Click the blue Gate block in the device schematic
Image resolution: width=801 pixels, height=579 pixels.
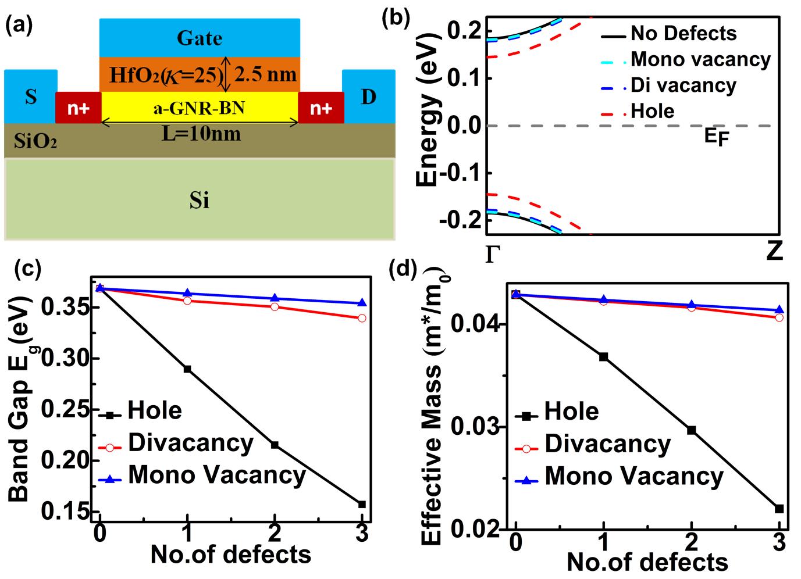pyautogui.click(x=200, y=38)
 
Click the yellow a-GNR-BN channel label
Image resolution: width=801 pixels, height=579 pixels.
pyautogui.click(x=199, y=108)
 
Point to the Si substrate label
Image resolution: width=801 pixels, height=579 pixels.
pyautogui.click(x=200, y=201)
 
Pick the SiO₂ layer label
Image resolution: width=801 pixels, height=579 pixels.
pyautogui.click(x=35, y=142)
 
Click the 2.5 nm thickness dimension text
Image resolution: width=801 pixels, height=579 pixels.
pyautogui.click(x=265, y=74)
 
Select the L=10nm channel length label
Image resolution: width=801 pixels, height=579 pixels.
pyautogui.click(x=201, y=134)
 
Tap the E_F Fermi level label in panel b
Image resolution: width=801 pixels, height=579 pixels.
pyautogui.click(x=715, y=138)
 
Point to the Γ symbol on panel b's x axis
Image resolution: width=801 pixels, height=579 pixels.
pyautogui.click(x=492, y=254)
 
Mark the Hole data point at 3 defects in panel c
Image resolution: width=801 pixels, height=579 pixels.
pyautogui.click(x=362, y=504)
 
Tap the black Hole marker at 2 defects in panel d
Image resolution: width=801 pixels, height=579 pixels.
pyautogui.click(x=692, y=430)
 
